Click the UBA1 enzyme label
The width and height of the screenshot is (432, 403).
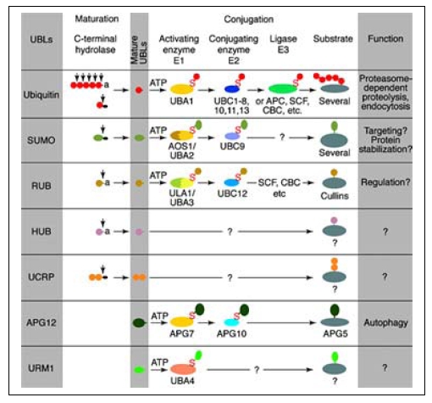click(x=181, y=101)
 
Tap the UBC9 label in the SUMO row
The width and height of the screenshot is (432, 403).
click(x=232, y=146)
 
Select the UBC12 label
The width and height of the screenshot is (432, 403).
click(x=232, y=193)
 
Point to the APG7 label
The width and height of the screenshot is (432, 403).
click(x=181, y=333)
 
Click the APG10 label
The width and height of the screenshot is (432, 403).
click(x=231, y=333)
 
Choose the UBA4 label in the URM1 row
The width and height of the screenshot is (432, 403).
click(x=182, y=381)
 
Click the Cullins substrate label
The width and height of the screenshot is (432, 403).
click(x=335, y=196)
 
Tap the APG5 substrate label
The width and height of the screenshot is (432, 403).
click(x=335, y=333)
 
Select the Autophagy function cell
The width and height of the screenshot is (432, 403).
click(x=385, y=322)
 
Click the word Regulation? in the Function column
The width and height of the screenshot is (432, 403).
click(x=385, y=182)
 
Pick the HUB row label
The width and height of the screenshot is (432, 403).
click(x=42, y=232)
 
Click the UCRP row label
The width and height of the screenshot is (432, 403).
click(x=42, y=277)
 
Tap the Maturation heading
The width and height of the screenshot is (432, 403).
click(x=97, y=19)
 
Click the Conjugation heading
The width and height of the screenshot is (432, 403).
click(x=249, y=20)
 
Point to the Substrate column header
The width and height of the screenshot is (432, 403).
click(x=333, y=38)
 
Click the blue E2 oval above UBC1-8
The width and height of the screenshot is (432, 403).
click(x=232, y=89)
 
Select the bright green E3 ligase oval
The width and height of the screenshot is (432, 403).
click(x=283, y=88)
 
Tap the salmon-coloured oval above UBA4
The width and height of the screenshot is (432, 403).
click(x=183, y=369)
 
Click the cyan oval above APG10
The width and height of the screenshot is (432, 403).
click(x=232, y=322)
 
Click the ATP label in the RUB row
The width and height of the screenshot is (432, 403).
click(x=158, y=176)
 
